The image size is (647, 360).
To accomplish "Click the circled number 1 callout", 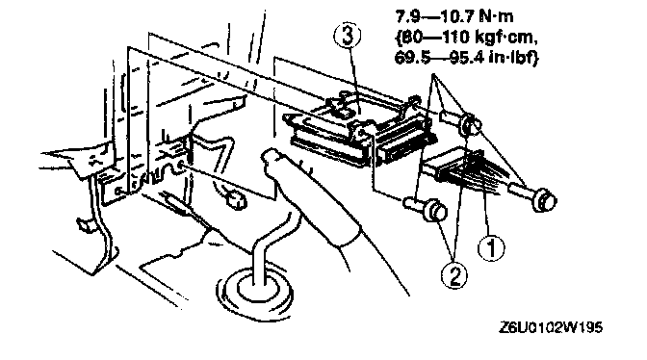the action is coord(491,248).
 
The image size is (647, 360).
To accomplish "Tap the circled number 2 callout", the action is coord(454,275).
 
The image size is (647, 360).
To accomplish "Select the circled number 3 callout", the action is coord(347,36).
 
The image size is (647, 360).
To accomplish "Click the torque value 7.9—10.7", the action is coord(435,17).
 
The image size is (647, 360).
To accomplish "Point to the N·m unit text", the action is coord(497,17).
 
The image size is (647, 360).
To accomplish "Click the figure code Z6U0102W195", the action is coord(551,327).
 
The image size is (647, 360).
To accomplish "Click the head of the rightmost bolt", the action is coord(545,200).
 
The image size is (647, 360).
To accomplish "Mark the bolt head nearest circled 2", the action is coord(436,210).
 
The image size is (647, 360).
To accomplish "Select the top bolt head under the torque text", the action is coord(470,123).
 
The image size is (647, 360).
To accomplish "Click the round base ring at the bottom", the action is coord(254,293).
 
